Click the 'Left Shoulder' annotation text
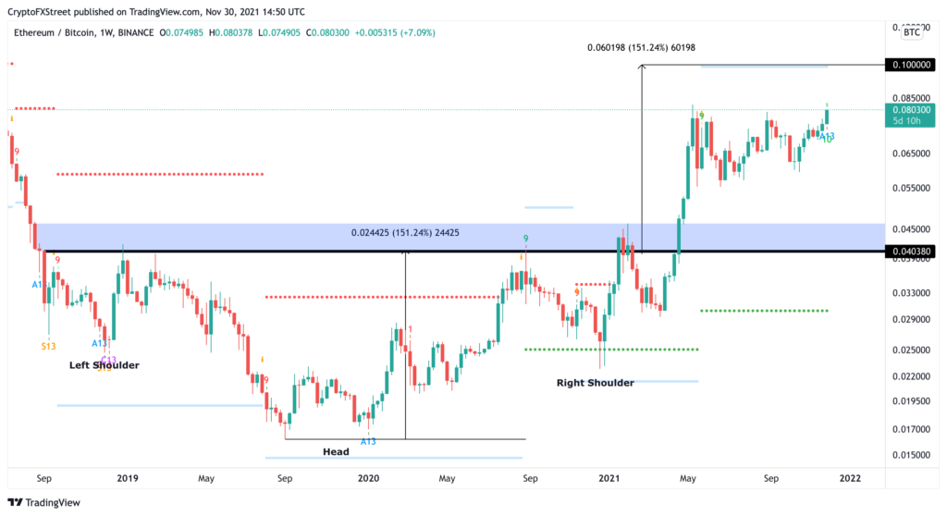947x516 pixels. pos(104,365)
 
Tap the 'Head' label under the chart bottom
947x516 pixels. pos(336,451)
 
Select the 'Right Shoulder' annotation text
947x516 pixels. pos(595,382)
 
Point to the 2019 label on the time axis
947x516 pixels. pos(128,478)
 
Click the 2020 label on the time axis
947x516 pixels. pos(368,478)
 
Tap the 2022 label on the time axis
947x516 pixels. pos(850,478)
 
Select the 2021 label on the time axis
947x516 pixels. pos(609,478)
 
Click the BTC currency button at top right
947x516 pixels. pos(912,31)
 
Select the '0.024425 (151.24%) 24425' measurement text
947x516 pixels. pos(405,232)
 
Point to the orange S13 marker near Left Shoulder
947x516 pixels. pos(49,346)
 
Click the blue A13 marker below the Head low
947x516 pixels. pos(368,441)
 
